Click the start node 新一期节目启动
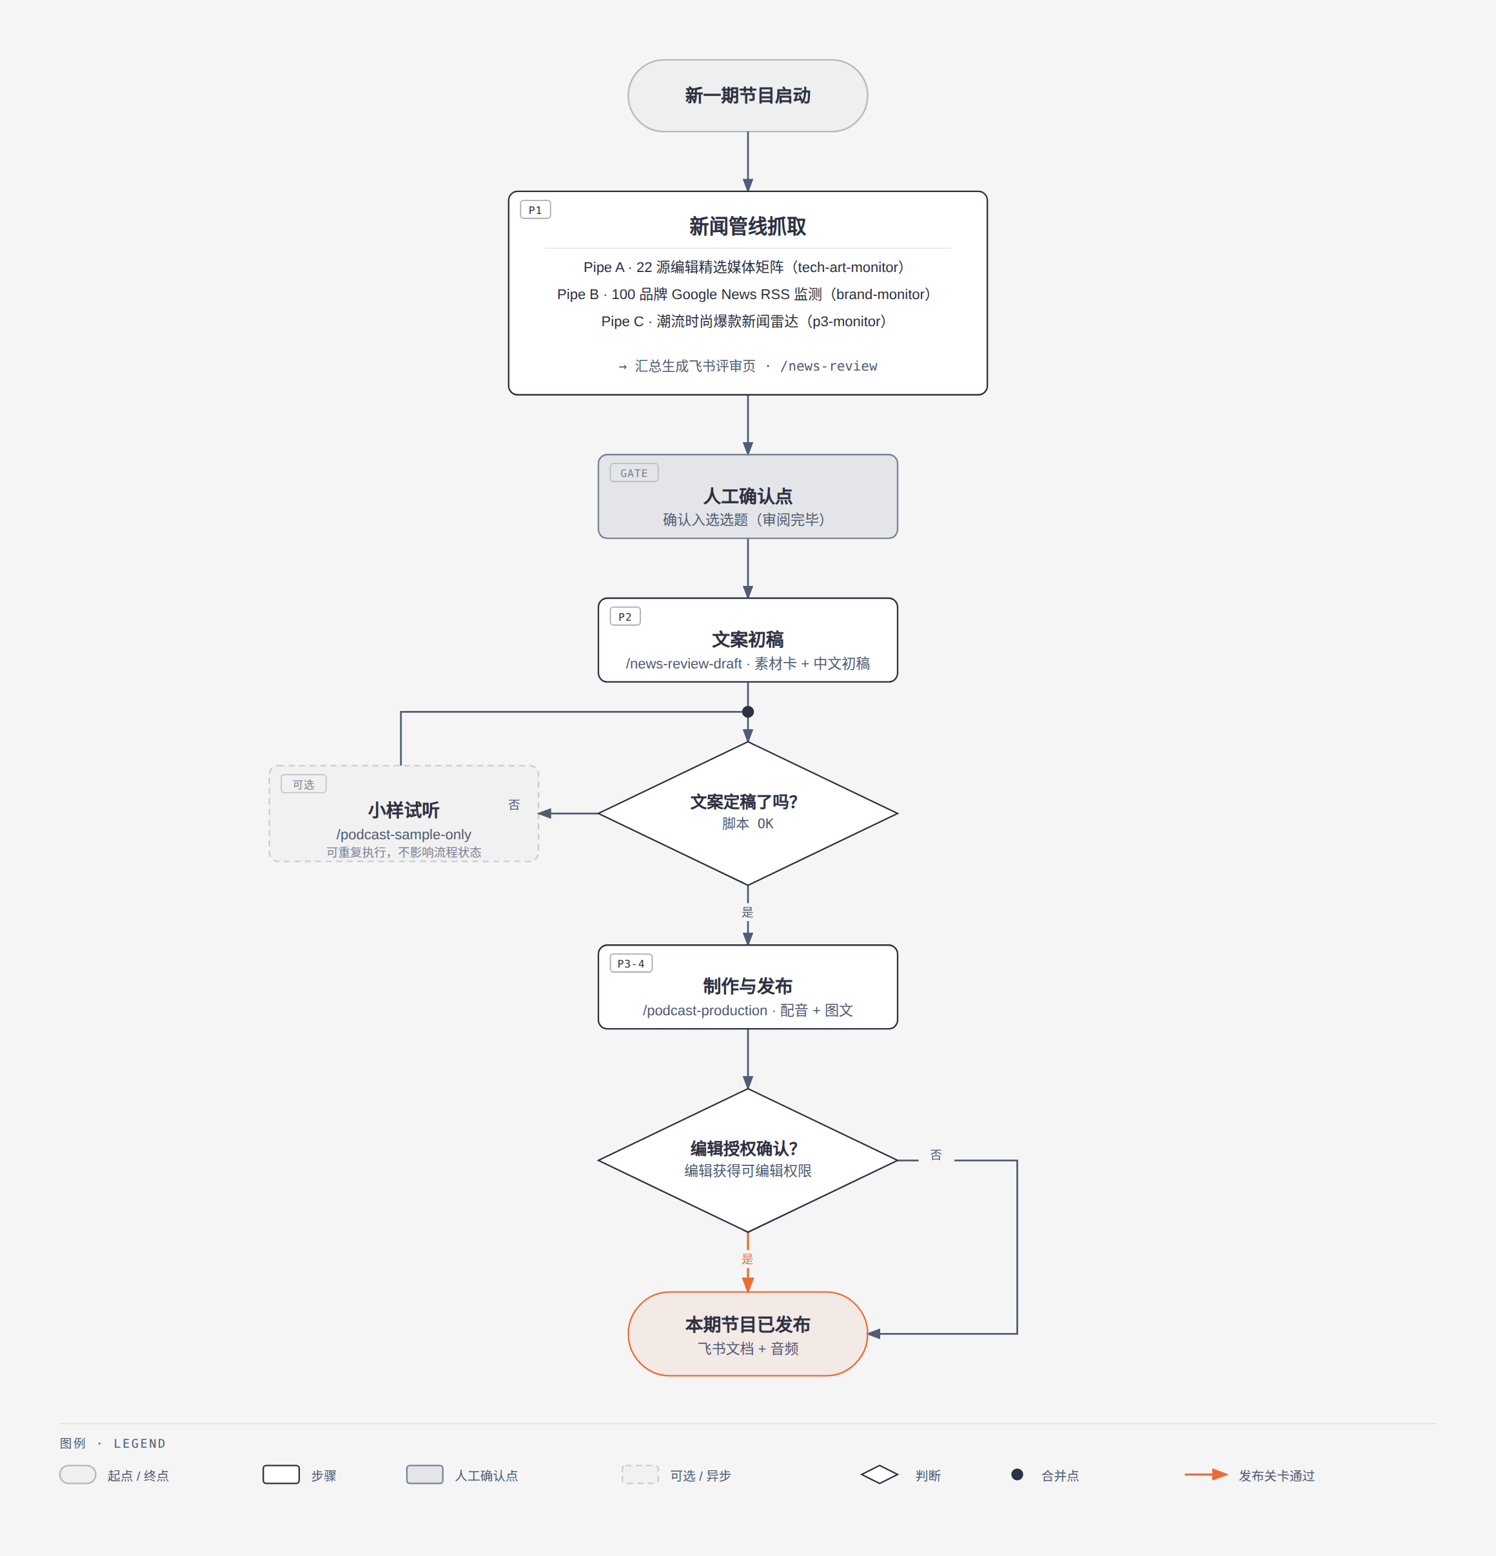(x=747, y=95)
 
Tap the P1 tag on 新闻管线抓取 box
(x=535, y=209)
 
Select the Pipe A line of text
(x=743, y=267)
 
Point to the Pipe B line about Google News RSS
(x=743, y=295)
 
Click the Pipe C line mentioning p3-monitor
(x=743, y=322)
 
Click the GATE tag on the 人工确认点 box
(x=634, y=473)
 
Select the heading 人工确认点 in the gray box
(x=747, y=496)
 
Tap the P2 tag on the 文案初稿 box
(x=625, y=617)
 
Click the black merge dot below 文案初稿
(x=747, y=712)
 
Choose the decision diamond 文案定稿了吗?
(x=747, y=813)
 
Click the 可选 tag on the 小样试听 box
(x=303, y=784)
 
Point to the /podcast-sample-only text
(x=404, y=834)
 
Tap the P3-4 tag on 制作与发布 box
(x=631, y=964)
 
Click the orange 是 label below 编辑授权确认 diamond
(x=747, y=1259)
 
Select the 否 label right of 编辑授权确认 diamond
(x=936, y=1155)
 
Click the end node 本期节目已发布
(x=747, y=1334)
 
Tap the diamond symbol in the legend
(x=879, y=1474)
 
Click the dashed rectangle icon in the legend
(x=640, y=1474)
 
